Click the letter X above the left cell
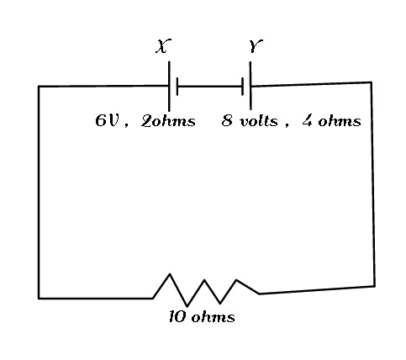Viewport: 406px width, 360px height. tap(163, 46)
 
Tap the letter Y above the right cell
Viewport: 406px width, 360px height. tap(256, 46)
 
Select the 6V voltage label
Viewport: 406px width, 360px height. tap(108, 121)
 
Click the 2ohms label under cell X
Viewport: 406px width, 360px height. tap(168, 121)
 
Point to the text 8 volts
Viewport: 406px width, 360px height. tap(250, 121)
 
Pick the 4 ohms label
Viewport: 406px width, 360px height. tap(331, 121)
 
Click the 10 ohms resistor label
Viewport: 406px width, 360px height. tap(202, 317)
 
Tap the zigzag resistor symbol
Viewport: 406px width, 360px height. tap(206, 290)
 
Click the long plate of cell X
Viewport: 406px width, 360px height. tap(169, 86)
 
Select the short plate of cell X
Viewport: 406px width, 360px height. tap(177, 87)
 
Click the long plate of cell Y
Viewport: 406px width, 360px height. tap(250, 86)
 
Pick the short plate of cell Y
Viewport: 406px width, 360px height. tap(242, 87)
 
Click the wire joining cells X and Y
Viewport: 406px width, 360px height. tap(209, 87)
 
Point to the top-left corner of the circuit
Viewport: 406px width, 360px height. tap(39, 87)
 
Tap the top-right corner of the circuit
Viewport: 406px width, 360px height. tap(372, 82)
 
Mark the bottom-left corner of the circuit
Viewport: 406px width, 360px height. tap(39, 299)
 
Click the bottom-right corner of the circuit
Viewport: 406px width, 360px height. tap(375, 286)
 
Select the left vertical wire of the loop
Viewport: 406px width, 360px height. tap(39, 193)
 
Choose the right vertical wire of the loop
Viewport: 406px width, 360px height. tap(373, 184)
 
